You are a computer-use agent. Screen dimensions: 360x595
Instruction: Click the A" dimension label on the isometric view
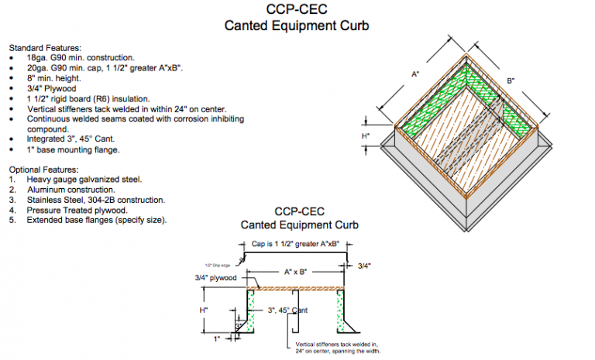[x=415, y=74]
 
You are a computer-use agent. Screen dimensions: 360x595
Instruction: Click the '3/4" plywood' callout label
[x=218, y=277]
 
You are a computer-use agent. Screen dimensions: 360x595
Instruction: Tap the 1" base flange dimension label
[x=218, y=338]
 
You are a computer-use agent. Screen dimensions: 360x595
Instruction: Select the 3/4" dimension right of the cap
[x=365, y=266]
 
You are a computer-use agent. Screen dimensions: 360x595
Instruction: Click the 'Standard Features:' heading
[x=44, y=47]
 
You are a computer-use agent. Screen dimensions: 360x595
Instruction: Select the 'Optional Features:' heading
[x=43, y=169]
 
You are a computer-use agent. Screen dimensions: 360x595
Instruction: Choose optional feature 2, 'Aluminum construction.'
[x=71, y=189]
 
